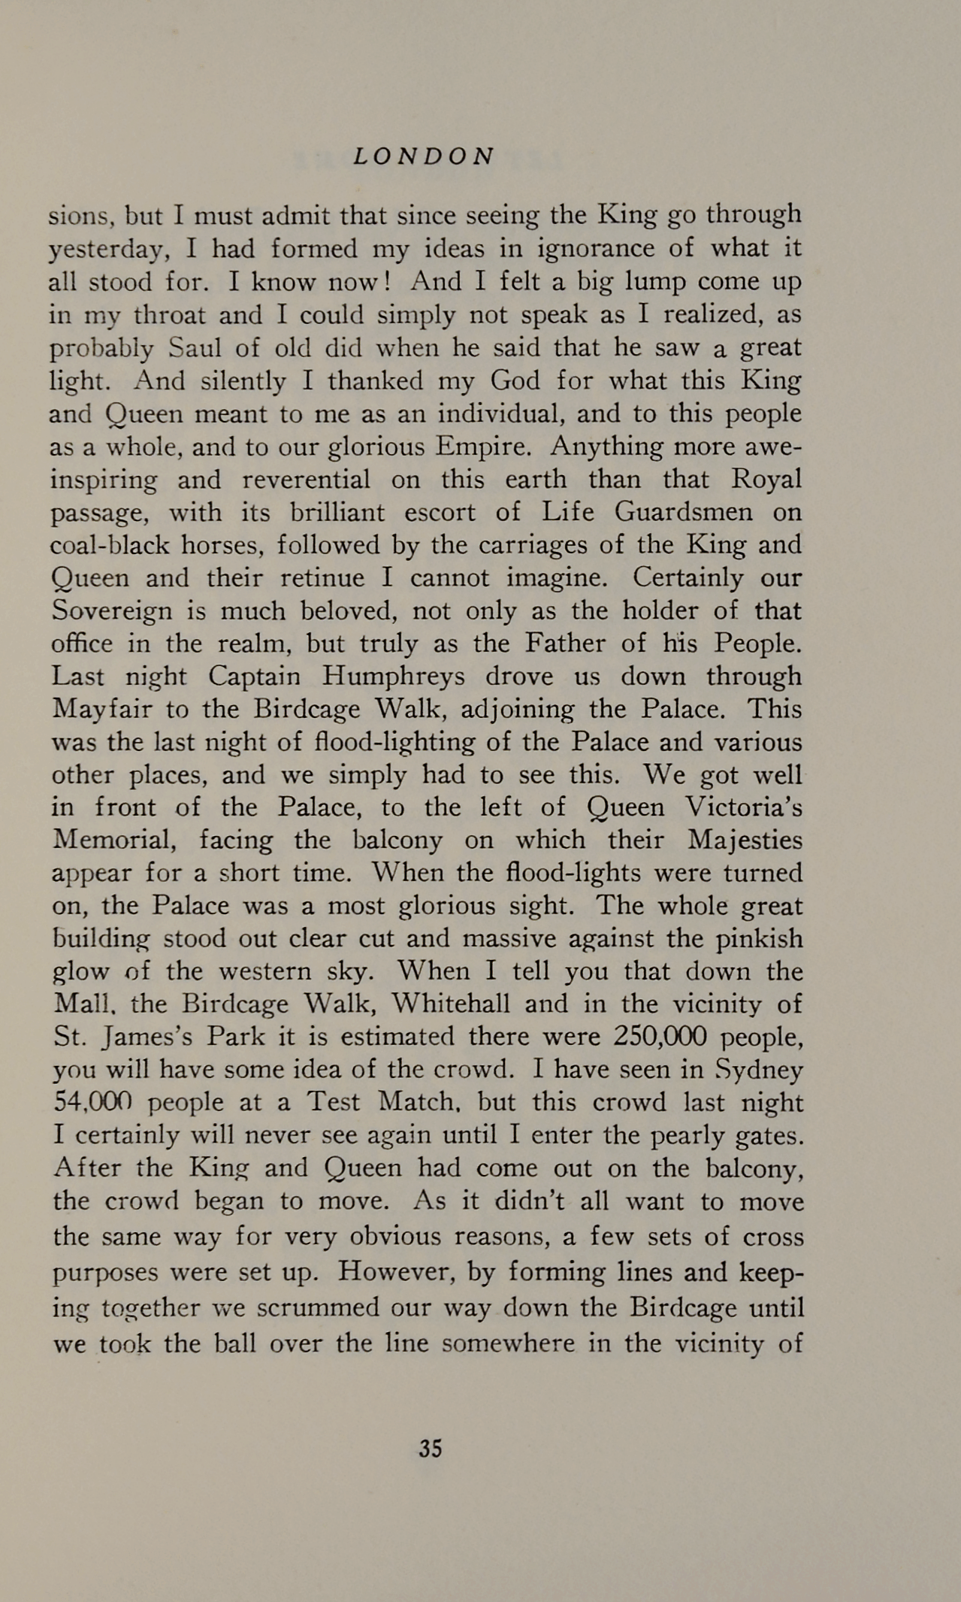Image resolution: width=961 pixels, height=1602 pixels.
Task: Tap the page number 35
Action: (x=431, y=1448)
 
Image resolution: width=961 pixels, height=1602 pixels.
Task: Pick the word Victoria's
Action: (x=743, y=807)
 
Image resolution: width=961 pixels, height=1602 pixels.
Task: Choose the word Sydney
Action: (x=760, y=1070)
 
